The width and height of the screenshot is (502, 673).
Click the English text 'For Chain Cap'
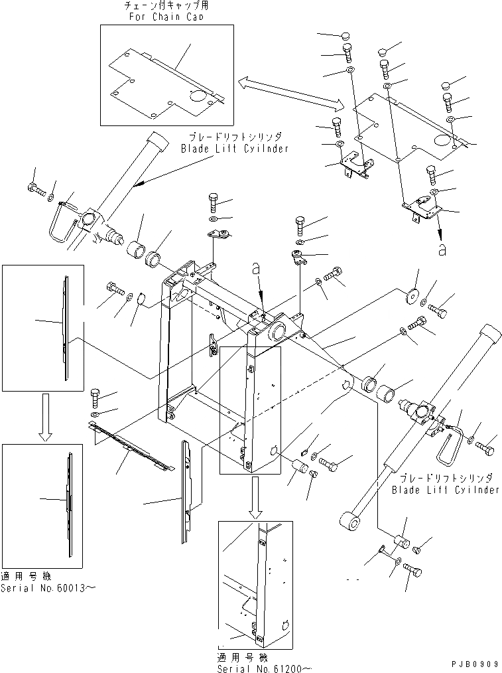coord(166,17)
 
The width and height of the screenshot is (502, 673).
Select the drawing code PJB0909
coord(467,663)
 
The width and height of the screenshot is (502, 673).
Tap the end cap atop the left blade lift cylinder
coord(157,140)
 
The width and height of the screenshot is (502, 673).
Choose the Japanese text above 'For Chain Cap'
coord(166,6)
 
